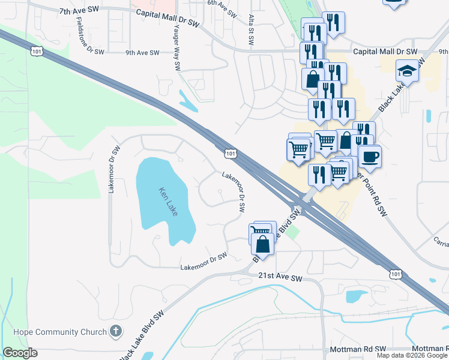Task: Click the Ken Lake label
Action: [x=167, y=202]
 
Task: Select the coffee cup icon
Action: [x=369, y=156]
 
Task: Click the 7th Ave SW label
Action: [x=77, y=12]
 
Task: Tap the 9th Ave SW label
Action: [x=142, y=53]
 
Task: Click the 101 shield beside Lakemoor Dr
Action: [x=231, y=154]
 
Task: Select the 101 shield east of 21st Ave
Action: [x=394, y=274]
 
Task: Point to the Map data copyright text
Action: [x=412, y=355]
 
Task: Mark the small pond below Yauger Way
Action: [x=187, y=101]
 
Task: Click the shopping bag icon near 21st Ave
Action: [x=263, y=244]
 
